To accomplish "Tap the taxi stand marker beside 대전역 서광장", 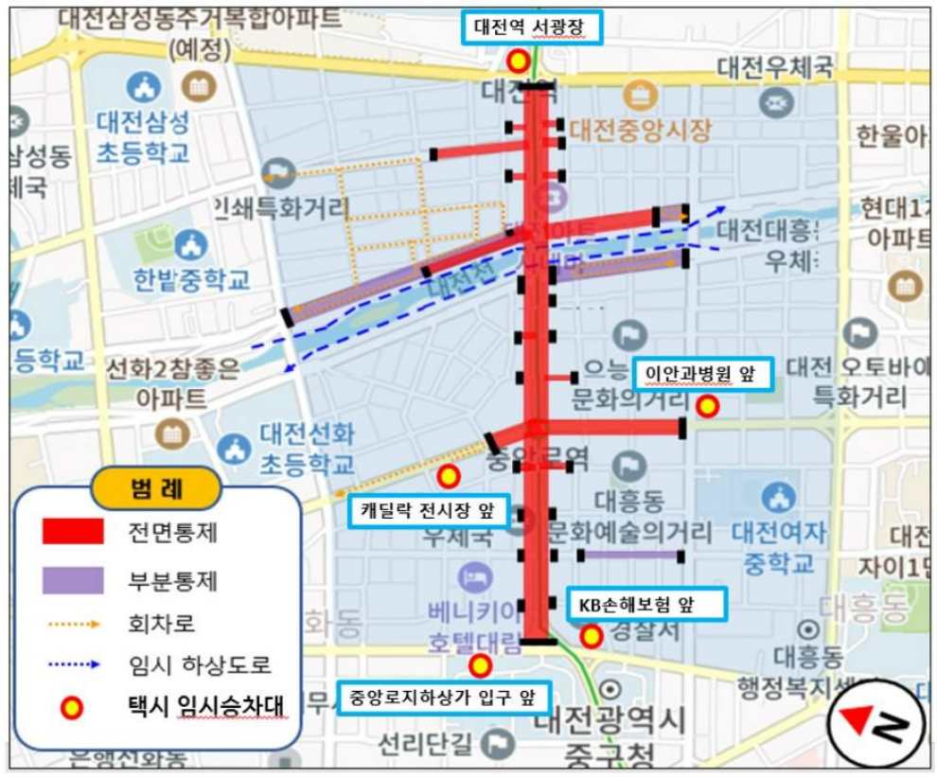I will tap(518, 62).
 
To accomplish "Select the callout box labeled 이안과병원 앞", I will tap(701, 373).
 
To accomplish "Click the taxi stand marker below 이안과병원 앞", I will tap(707, 407).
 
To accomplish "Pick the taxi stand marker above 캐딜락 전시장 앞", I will tap(449, 476).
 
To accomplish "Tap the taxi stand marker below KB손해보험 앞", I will tap(592, 636).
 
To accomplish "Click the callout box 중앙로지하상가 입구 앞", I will tap(440, 698).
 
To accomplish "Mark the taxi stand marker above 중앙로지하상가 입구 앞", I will tap(480, 666).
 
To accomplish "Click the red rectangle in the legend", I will tap(73, 532).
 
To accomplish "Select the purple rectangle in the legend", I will tap(73, 578).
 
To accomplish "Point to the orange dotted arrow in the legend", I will tap(73, 625).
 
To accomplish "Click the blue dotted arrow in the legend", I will tap(73, 665).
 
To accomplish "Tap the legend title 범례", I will tap(156, 489).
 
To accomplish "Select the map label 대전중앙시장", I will tap(640, 130).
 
